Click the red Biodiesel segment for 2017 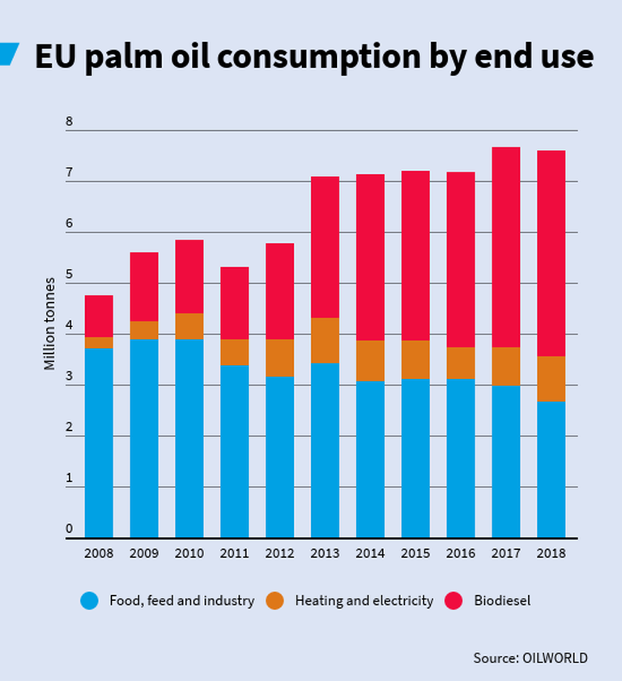pyautogui.click(x=506, y=247)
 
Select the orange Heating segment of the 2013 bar pyautogui.click(x=325, y=340)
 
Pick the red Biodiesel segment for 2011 pyautogui.click(x=234, y=303)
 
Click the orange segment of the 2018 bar pyautogui.click(x=552, y=378)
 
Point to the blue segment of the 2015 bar pyautogui.click(x=415, y=458)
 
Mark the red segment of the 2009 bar pyautogui.click(x=144, y=287)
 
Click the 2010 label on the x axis pyautogui.click(x=190, y=554)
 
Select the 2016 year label pyautogui.click(x=461, y=554)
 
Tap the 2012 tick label pyautogui.click(x=279, y=554)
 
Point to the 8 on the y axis pyautogui.click(x=69, y=122)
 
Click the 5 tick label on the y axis pyautogui.click(x=69, y=275)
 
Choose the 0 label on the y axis pyautogui.click(x=69, y=530)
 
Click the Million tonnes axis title pyautogui.click(x=50, y=324)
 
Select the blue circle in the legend pyautogui.click(x=90, y=601)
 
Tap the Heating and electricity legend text pyautogui.click(x=364, y=601)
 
